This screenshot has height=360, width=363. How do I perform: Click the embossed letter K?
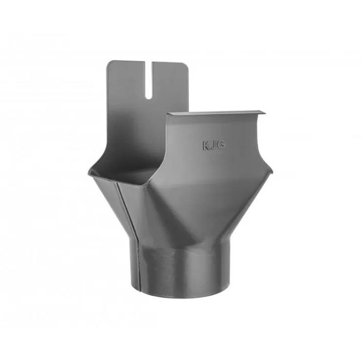207,146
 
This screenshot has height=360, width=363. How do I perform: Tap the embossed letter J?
214,145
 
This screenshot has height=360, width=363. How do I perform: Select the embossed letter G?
221,145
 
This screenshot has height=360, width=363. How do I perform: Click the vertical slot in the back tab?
149,80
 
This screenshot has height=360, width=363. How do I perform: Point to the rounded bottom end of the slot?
149,98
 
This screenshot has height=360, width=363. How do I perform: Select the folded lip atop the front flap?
216,114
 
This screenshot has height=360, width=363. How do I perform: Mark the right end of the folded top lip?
265,113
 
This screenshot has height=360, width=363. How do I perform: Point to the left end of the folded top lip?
167,114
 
